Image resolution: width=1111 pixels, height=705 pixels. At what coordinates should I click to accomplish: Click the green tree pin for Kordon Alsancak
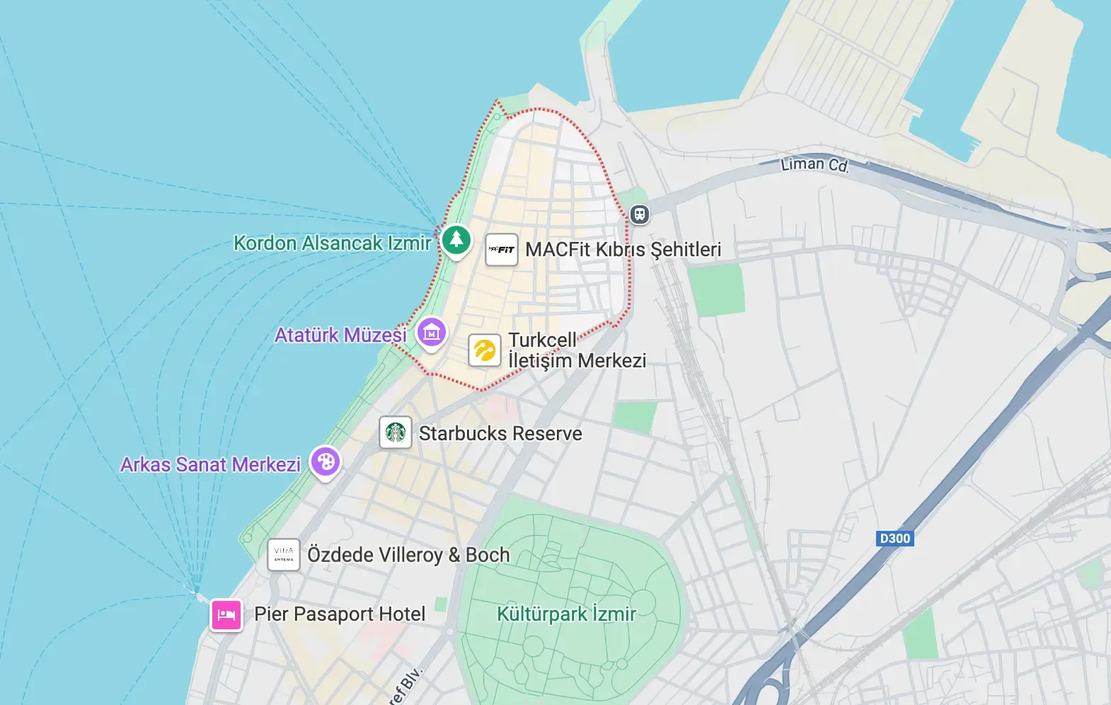coord(456,239)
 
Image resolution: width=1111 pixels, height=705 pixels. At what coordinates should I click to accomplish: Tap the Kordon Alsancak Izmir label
coord(332,243)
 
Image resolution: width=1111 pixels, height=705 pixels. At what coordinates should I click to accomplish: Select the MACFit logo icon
coord(502,250)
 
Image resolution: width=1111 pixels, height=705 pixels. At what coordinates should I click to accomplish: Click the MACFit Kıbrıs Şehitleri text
coord(623,250)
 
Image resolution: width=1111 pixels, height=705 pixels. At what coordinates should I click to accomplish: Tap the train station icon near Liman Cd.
coord(640,214)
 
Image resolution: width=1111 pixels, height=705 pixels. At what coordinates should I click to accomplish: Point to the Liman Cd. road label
coord(814,165)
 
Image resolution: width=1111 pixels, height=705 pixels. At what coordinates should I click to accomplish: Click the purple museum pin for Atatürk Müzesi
coord(432,331)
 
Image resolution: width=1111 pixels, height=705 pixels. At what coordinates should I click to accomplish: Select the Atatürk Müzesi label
coord(340,335)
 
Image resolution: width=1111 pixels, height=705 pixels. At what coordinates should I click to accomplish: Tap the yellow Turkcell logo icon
coord(485,350)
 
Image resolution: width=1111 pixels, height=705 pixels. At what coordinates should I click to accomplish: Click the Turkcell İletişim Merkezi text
coord(577,350)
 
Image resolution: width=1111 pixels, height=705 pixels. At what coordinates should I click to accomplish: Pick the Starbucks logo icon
coord(396,432)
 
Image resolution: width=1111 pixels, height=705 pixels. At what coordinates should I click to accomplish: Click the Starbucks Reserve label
coord(500,433)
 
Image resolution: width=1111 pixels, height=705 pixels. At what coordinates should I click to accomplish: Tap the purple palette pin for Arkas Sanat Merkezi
coord(326,462)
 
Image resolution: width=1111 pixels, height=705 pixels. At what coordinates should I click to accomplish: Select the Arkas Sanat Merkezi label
coord(210,465)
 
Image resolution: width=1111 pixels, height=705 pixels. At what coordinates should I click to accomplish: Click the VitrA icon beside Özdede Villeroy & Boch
coord(284,555)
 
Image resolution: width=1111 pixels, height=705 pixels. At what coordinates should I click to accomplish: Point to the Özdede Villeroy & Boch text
coord(408,555)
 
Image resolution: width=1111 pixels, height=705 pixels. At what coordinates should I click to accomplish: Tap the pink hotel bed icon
coord(226,614)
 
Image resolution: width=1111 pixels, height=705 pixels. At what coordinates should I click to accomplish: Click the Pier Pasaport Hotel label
coord(340,614)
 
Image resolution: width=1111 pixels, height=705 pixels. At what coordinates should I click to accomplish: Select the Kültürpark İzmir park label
coord(566,614)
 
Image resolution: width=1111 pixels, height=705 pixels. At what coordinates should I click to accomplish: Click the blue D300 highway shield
coord(894,539)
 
